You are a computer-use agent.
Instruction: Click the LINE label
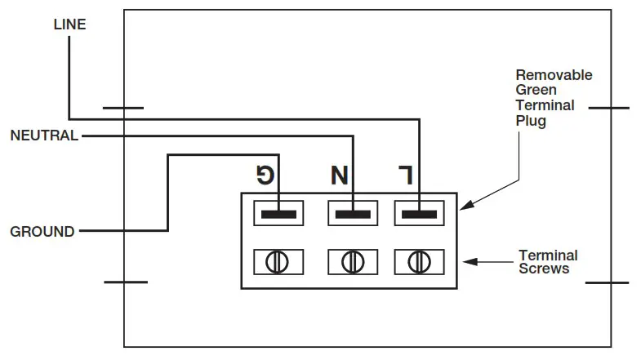pyautogui.click(x=69, y=24)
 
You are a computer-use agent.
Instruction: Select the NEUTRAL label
pyautogui.click(x=43, y=136)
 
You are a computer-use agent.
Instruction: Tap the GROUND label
pyautogui.click(x=42, y=232)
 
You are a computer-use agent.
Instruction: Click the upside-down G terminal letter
pyautogui.click(x=267, y=174)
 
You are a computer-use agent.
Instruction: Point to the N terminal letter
pyautogui.click(x=339, y=174)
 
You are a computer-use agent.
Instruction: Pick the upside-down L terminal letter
pyautogui.click(x=405, y=174)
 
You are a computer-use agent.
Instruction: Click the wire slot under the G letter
pyautogui.click(x=278, y=214)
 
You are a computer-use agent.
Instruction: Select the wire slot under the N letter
pyautogui.click(x=353, y=214)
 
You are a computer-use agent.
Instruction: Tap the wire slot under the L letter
pyautogui.click(x=419, y=214)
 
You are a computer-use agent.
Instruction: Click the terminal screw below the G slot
pyautogui.click(x=278, y=262)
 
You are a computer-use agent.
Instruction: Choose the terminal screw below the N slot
pyautogui.click(x=353, y=262)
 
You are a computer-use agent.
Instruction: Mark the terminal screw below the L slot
pyautogui.click(x=419, y=262)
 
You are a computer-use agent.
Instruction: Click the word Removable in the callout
pyautogui.click(x=554, y=75)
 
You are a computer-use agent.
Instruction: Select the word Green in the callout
pyautogui.click(x=535, y=91)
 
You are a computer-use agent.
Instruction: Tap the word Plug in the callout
pyautogui.click(x=531, y=122)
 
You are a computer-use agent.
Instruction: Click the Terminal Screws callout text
pyautogui.click(x=548, y=262)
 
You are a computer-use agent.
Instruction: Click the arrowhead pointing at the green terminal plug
pyautogui.click(x=464, y=207)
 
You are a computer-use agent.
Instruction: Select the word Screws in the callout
pyautogui.click(x=544, y=269)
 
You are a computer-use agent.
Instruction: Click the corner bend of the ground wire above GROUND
pyautogui.click(x=167, y=155)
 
